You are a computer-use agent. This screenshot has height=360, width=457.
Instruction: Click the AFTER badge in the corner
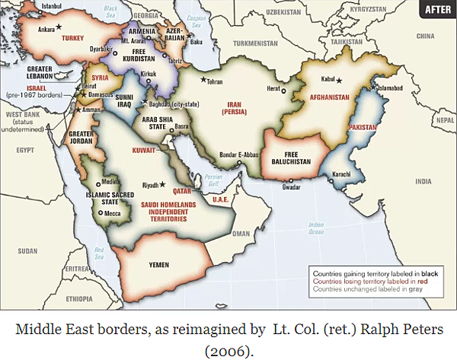point(436,11)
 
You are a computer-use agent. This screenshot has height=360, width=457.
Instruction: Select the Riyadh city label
point(150,184)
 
